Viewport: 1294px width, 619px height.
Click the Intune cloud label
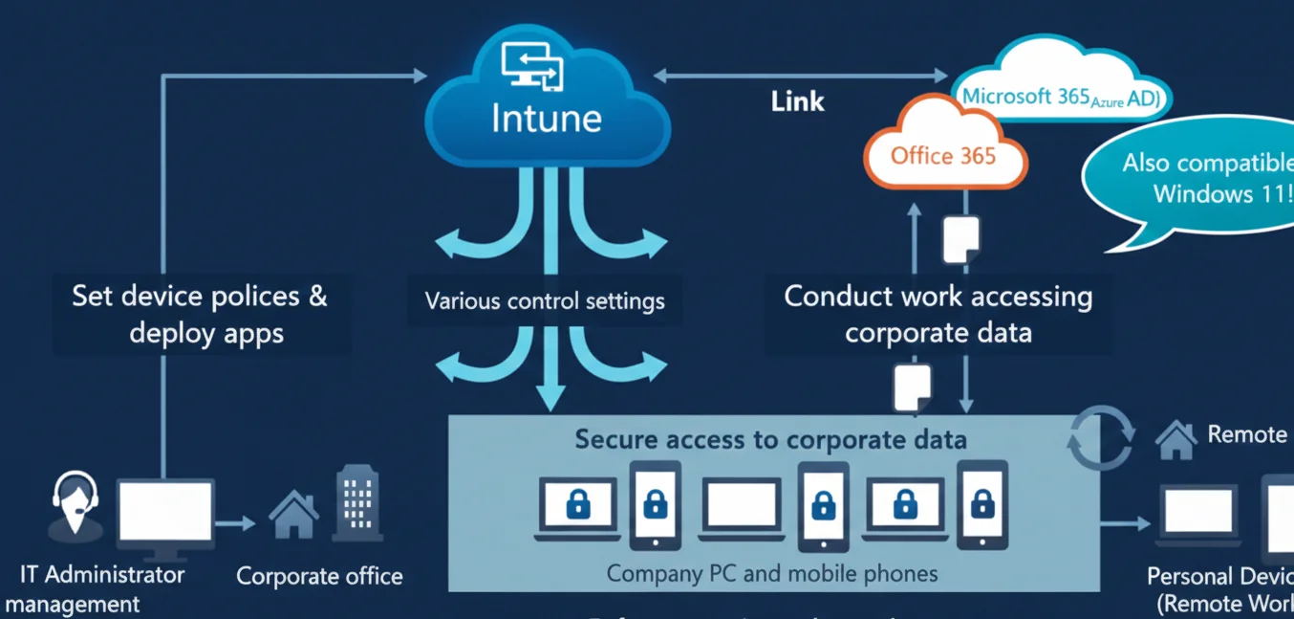coord(547,118)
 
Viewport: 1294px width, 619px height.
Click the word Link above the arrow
coord(797,101)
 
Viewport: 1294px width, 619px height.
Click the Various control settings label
coord(545,301)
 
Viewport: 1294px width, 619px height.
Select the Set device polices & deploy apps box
coord(200,314)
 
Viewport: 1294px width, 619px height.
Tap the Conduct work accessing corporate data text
coord(938,314)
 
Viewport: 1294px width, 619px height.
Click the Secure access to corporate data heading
coord(770,440)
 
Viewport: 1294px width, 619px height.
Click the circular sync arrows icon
coord(1100,437)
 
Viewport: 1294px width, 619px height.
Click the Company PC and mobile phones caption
coord(772,574)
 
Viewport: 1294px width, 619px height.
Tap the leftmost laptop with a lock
coord(577,508)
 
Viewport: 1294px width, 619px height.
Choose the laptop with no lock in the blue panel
coord(742,508)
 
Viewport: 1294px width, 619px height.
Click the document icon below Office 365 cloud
coord(961,239)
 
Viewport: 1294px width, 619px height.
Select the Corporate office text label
coord(319,577)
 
